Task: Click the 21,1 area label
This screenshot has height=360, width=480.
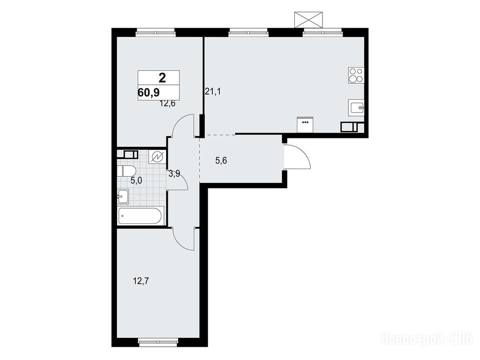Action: coord(213,91)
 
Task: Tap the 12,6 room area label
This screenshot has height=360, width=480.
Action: coord(167,104)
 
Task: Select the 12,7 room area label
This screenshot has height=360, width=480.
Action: coord(141,281)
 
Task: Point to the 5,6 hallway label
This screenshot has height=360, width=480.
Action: coord(221,160)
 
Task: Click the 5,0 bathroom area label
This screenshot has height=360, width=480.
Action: coord(136,180)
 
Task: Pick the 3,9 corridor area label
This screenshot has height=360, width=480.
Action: coord(174,174)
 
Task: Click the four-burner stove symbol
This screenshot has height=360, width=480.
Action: coord(356,75)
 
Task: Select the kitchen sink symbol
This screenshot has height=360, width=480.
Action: coord(356,107)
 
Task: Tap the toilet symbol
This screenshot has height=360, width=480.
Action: coord(127,171)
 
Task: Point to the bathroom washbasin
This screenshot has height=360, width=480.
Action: coord(123,196)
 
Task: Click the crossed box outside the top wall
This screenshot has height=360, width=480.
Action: coord(308,20)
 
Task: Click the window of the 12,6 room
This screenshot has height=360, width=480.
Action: coord(156,32)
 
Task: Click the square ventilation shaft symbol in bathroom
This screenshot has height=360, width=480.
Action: coord(157,157)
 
